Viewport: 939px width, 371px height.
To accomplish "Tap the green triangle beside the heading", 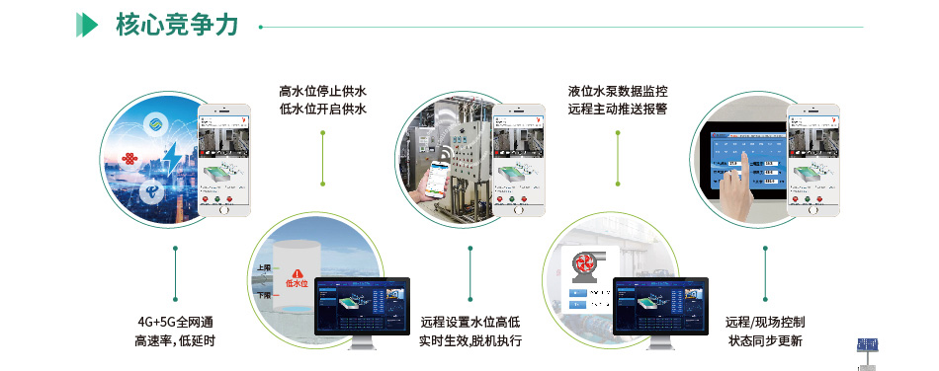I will point(87,26).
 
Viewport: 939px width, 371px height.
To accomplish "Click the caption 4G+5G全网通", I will point(175,323).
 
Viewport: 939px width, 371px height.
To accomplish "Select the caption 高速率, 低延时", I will point(175,341).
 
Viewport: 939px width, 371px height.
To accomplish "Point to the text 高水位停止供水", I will point(323,92).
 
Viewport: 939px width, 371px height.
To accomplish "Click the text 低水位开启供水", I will point(323,111).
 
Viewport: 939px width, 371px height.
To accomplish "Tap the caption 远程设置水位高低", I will point(470,323).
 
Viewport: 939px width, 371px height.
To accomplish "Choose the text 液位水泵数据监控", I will point(618,92).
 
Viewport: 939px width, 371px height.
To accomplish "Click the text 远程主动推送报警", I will point(618,111).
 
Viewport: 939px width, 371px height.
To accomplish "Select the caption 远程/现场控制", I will point(765,323).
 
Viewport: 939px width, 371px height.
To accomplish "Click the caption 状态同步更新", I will point(765,341).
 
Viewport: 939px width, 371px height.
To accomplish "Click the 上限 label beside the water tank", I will point(263,267).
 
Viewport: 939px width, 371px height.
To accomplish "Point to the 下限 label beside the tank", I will point(263,294).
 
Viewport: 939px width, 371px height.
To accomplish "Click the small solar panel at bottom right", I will point(869,348).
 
